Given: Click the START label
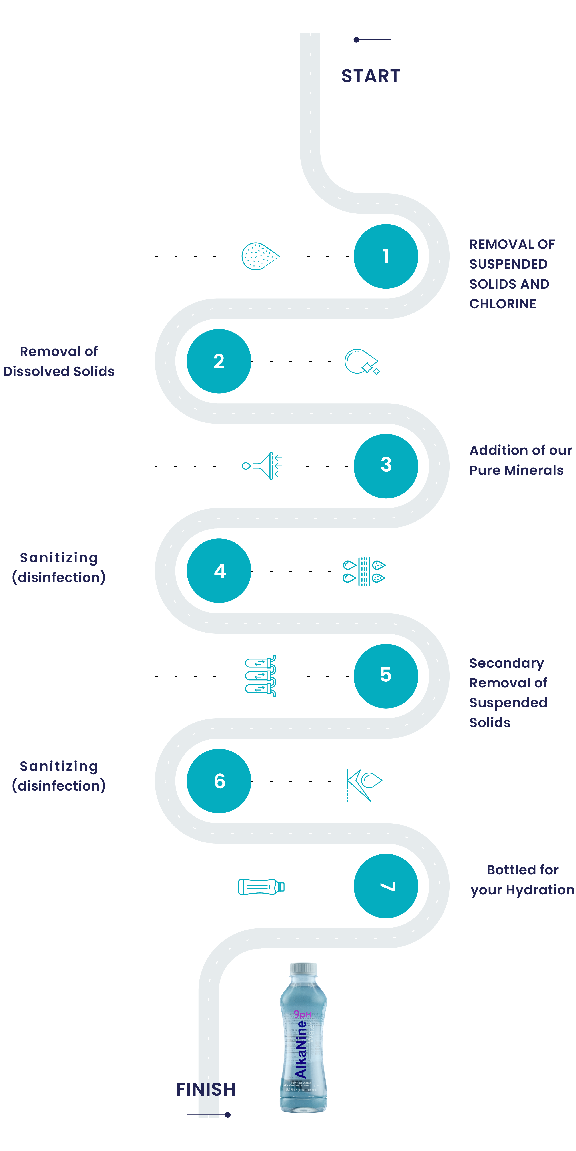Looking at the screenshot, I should click(371, 76).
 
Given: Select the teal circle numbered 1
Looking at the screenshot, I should click(386, 257).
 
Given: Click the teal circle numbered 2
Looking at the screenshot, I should click(219, 361).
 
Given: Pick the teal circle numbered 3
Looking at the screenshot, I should click(386, 466).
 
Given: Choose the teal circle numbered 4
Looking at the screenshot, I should click(219, 571).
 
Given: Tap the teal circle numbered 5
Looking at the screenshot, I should click(386, 676).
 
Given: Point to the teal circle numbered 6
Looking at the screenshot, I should click(219, 781).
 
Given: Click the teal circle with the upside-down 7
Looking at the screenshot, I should click(386, 886).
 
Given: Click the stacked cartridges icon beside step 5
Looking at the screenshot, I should click(261, 676).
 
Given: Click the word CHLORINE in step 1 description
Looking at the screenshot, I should click(503, 304).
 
